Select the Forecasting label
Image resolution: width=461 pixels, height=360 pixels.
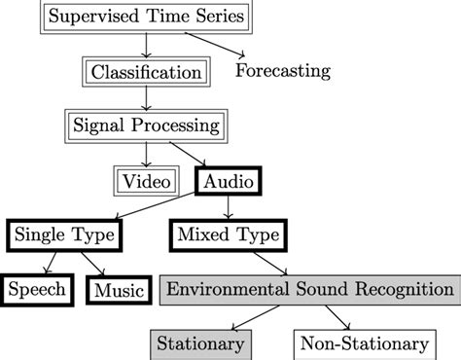click(x=284, y=71)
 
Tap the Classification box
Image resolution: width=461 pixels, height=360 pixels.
click(x=146, y=72)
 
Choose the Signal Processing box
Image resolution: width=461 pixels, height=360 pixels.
click(x=145, y=126)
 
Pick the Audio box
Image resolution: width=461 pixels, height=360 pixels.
click(x=229, y=180)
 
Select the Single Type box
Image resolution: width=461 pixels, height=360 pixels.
click(x=64, y=234)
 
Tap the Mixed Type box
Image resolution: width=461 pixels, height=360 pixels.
click(x=229, y=234)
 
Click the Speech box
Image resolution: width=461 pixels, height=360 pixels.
click(x=38, y=289)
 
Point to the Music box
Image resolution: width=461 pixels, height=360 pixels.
click(x=119, y=290)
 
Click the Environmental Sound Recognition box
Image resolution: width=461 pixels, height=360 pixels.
click(x=307, y=289)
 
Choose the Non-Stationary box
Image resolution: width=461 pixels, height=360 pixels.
click(x=363, y=343)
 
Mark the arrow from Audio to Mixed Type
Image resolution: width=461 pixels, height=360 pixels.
click(x=229, y=207)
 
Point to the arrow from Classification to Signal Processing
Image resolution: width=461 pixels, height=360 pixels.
click(x=146, y=98)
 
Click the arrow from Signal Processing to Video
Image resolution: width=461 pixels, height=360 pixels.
click(x=146, y=153)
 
